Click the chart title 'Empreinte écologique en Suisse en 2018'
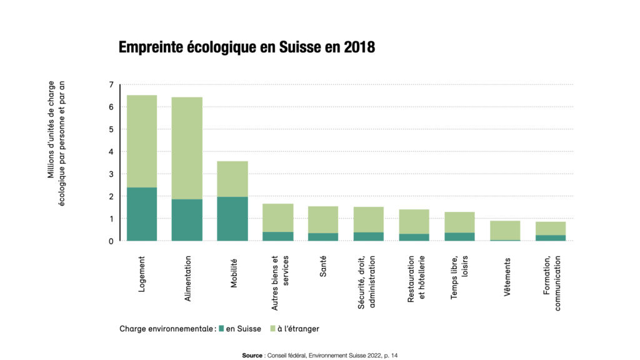tap(247, 47)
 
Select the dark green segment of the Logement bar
tap(142, 214)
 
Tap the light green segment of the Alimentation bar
tap(187, 148)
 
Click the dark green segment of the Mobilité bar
tap(232, 219)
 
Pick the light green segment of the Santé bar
tap(323, 219)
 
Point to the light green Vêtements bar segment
tap(505, 230)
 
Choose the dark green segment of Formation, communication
tap(551, 237)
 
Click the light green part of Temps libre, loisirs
tap(459, 222)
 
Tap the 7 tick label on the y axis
tap(111, 84)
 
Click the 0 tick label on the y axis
tap(111, 241)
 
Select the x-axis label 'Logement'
tap(142, 274)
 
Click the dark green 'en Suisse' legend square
tap(221, 328)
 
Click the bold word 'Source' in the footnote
tap(252, 355)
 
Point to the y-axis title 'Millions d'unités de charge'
tap(51, 130)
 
